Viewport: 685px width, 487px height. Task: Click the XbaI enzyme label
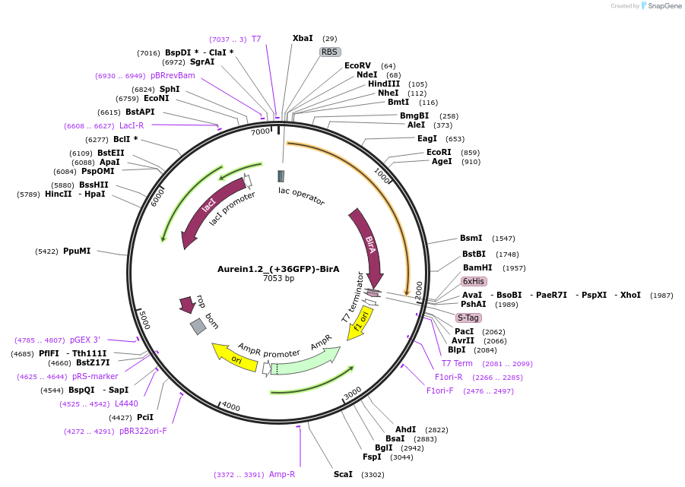click(303, 38)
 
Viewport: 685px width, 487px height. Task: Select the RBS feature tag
click(329, 52)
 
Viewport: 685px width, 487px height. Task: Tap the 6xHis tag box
click(474, 281)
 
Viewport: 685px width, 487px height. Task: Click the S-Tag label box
click(468, 318)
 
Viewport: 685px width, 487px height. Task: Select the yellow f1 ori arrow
click(360, 322)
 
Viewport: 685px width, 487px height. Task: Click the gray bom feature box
click(198, 326)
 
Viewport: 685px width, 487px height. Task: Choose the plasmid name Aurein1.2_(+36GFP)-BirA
click(278, 269)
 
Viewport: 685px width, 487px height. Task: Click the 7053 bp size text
click(278, 279)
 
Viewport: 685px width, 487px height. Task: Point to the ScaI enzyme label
click(343, 474)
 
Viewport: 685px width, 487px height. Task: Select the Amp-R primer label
click(282, 474)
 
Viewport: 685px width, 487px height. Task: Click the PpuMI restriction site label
click(77, 251)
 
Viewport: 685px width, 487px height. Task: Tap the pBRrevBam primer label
click(173, 76)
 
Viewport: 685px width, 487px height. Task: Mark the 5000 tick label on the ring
click(144, 319)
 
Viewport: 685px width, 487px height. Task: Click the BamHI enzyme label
click(477, 267)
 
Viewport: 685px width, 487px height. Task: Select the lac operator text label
click(301, 196)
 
